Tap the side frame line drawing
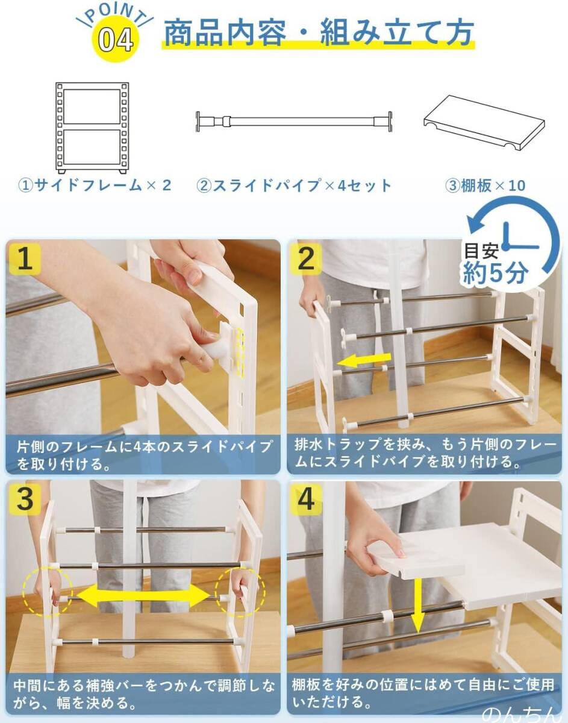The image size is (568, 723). [92, 128]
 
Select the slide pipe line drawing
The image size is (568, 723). [295, 122]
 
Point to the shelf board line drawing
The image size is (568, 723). [484, 122]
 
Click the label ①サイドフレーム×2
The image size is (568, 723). [95, 186]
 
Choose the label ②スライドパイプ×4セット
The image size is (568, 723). [294, 186]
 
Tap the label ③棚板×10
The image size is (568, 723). [485, 186]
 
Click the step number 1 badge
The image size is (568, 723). [25, 259]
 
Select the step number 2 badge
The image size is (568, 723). [306, 259]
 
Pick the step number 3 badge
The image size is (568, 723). [25, 499]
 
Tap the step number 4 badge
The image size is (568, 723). [306, 499]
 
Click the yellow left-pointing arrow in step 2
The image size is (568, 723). [363, 360]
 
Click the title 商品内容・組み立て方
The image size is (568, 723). [319, 33]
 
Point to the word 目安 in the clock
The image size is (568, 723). [481, 251]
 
